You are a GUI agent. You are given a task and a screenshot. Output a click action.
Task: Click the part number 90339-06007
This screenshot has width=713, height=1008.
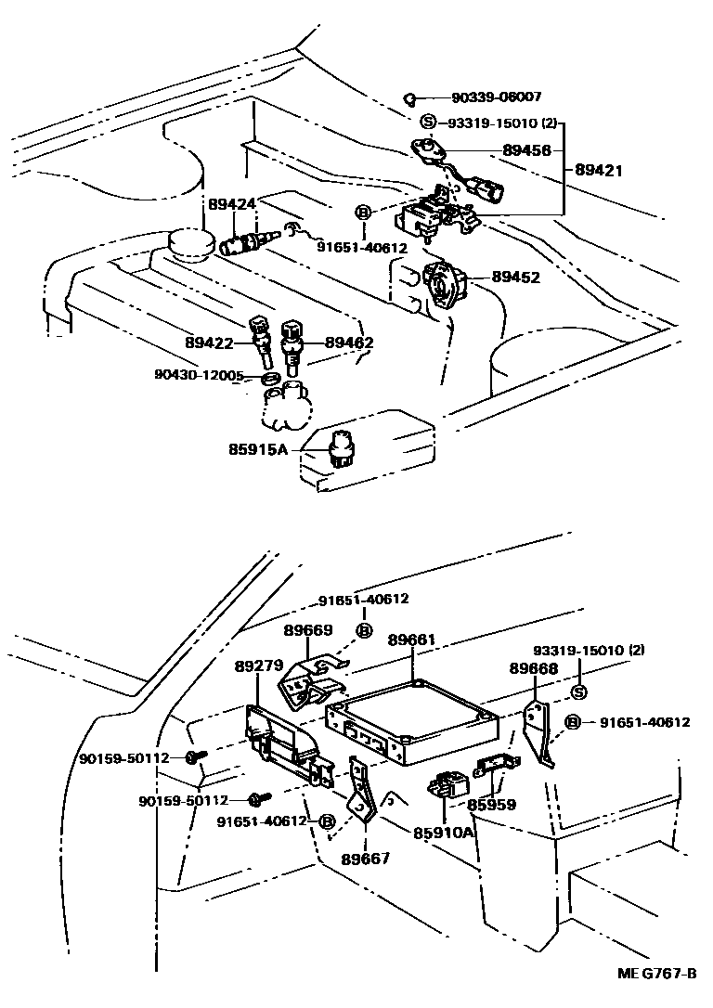pos(497,97)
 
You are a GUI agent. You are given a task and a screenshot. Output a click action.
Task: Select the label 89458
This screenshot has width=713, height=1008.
pos(526,149)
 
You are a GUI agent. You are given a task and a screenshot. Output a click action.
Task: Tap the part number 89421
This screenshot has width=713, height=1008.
pos(599,170)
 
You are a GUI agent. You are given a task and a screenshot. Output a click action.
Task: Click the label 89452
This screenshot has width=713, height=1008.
pos(517,277)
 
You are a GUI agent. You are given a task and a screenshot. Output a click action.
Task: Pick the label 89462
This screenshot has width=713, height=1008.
pos(349,342)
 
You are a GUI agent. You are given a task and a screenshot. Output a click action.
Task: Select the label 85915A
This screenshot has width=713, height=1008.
pos(258,450)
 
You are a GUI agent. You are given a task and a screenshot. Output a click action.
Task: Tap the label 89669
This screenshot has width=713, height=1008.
pos(308,630)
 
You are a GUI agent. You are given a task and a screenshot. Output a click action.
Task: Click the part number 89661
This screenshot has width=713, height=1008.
pos(412,640)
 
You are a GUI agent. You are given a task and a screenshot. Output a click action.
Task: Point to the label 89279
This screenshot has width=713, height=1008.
pos(259,666)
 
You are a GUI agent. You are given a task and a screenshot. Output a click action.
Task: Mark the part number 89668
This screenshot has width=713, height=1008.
pos(533,668)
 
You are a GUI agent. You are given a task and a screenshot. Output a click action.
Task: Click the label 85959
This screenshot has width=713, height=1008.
pos(492,804)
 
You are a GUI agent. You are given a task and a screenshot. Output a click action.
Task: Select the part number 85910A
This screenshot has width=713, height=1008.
pos(444,833)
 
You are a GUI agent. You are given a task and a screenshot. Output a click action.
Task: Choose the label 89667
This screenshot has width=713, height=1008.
pos(366,859)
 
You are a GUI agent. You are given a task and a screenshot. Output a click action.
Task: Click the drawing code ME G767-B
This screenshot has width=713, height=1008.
pos(657,973)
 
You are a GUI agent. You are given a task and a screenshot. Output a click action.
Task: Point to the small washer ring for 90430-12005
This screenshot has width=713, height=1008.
pos(270,379)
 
